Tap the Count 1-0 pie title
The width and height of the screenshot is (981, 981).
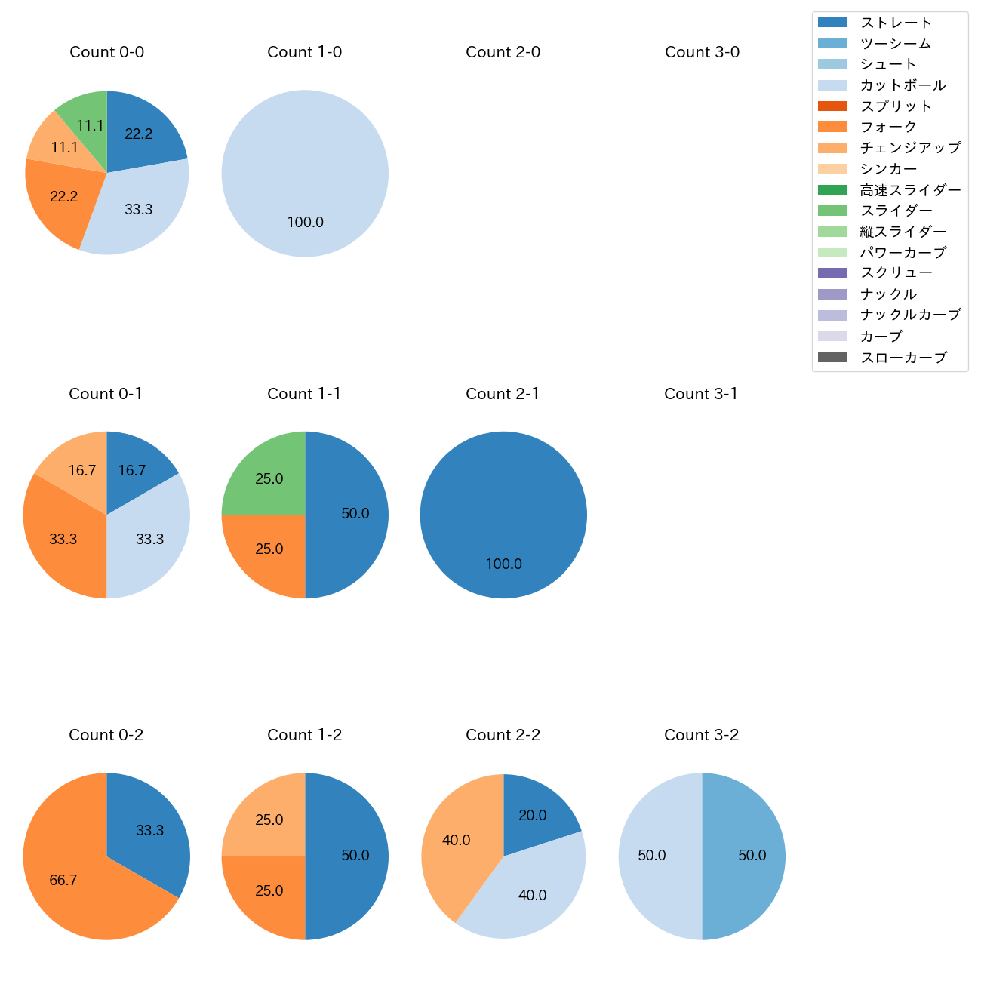click(x=305, y=52)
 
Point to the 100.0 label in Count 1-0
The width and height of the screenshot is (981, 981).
click(x=305, y=222)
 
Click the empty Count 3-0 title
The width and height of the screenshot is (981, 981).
click(x=702, y=52)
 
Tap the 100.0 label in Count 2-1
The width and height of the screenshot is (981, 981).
click(x=503, y=564)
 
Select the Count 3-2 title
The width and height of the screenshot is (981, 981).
click(x=702, y=735)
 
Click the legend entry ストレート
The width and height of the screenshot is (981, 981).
click(x=896, y=23)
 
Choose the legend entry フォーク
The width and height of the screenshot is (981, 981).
click(x=888, y=127)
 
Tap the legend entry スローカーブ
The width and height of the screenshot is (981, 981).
click(x=903, y=358)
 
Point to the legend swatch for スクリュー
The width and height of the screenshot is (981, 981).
click(x=832, y=273)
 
